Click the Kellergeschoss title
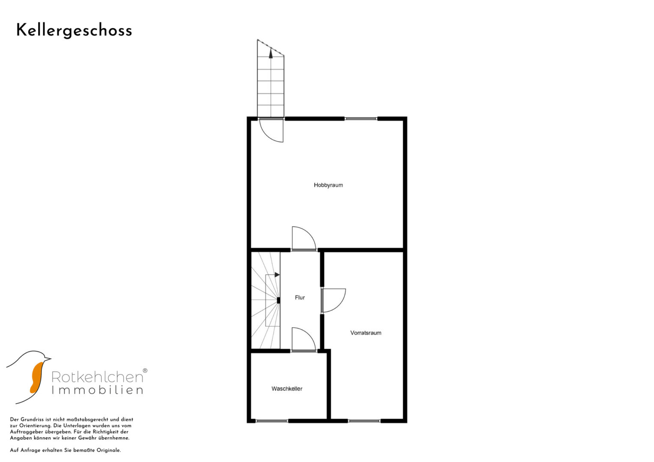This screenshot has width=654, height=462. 74,31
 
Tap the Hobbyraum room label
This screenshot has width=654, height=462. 328,185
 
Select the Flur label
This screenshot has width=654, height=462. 300,297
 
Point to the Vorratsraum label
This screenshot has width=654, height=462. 366,333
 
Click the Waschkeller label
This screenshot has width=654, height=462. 287,389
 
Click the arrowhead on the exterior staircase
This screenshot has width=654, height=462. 271,53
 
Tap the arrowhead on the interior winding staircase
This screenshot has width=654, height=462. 278,275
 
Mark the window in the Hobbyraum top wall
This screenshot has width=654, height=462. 361,119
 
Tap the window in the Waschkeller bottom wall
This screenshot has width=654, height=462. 272,421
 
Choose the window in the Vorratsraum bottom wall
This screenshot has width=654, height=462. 364,421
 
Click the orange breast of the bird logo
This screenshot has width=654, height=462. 36,377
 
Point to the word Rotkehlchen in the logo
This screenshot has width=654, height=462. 97,377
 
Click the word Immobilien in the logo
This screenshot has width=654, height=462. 97,390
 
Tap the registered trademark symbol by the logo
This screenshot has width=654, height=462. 145,370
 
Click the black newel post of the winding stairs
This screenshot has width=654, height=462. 278,300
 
